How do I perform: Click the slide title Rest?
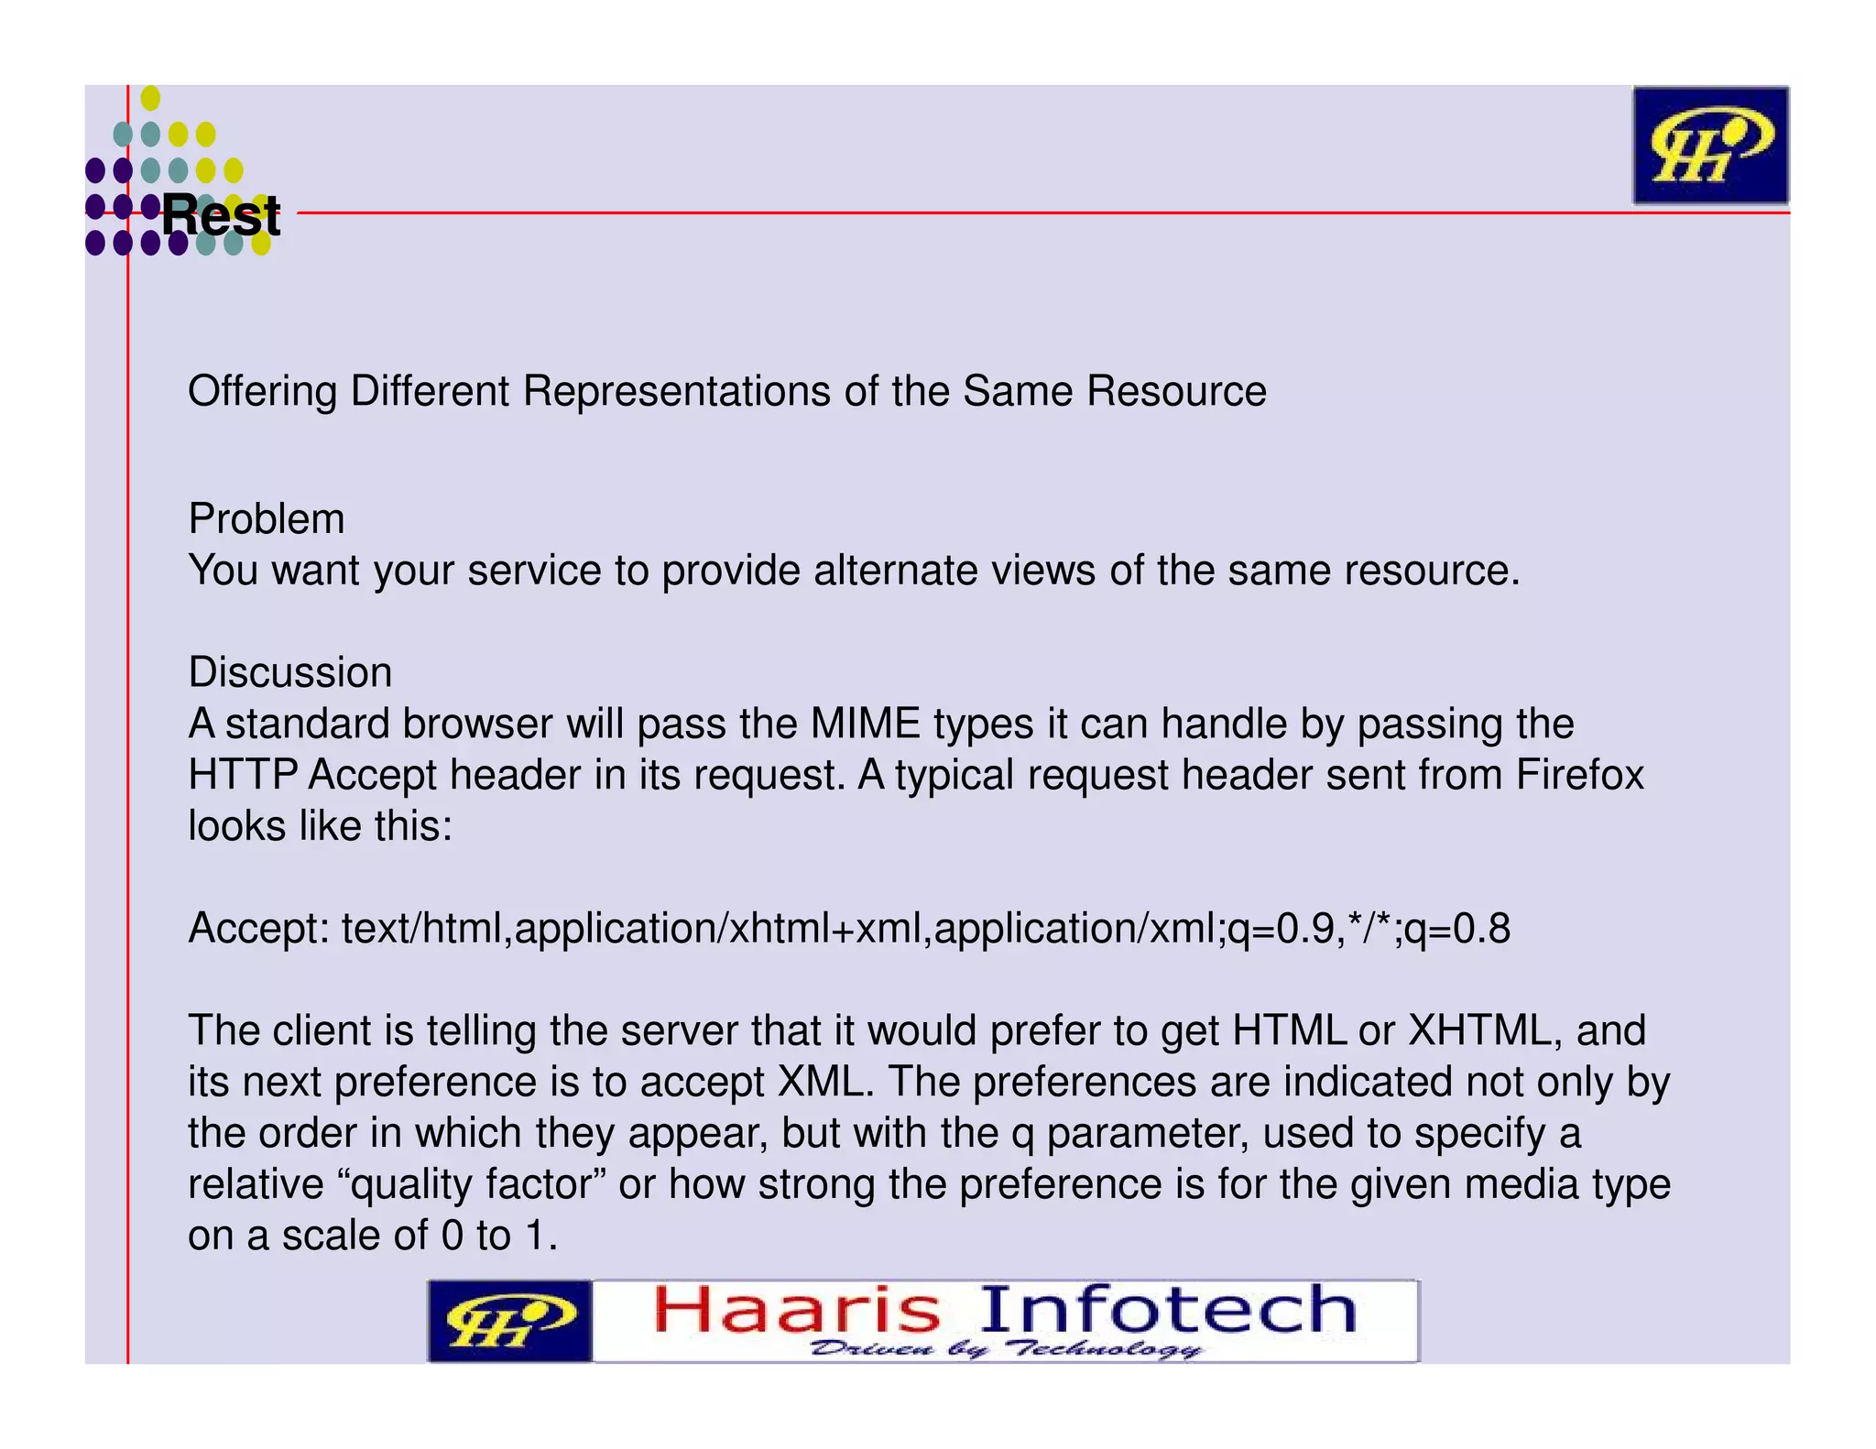(x=221, y=216)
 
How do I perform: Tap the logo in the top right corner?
(x=1709, y=146)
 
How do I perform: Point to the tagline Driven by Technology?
(x=1006, y=1349)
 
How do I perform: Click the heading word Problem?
(x=267, y=519)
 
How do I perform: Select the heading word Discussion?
(x=290, y=672)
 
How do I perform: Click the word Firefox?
(x=1580, y=775)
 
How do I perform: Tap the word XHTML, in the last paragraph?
(x=1485, y=1030)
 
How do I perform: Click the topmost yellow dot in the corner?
(x=151, y=98)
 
